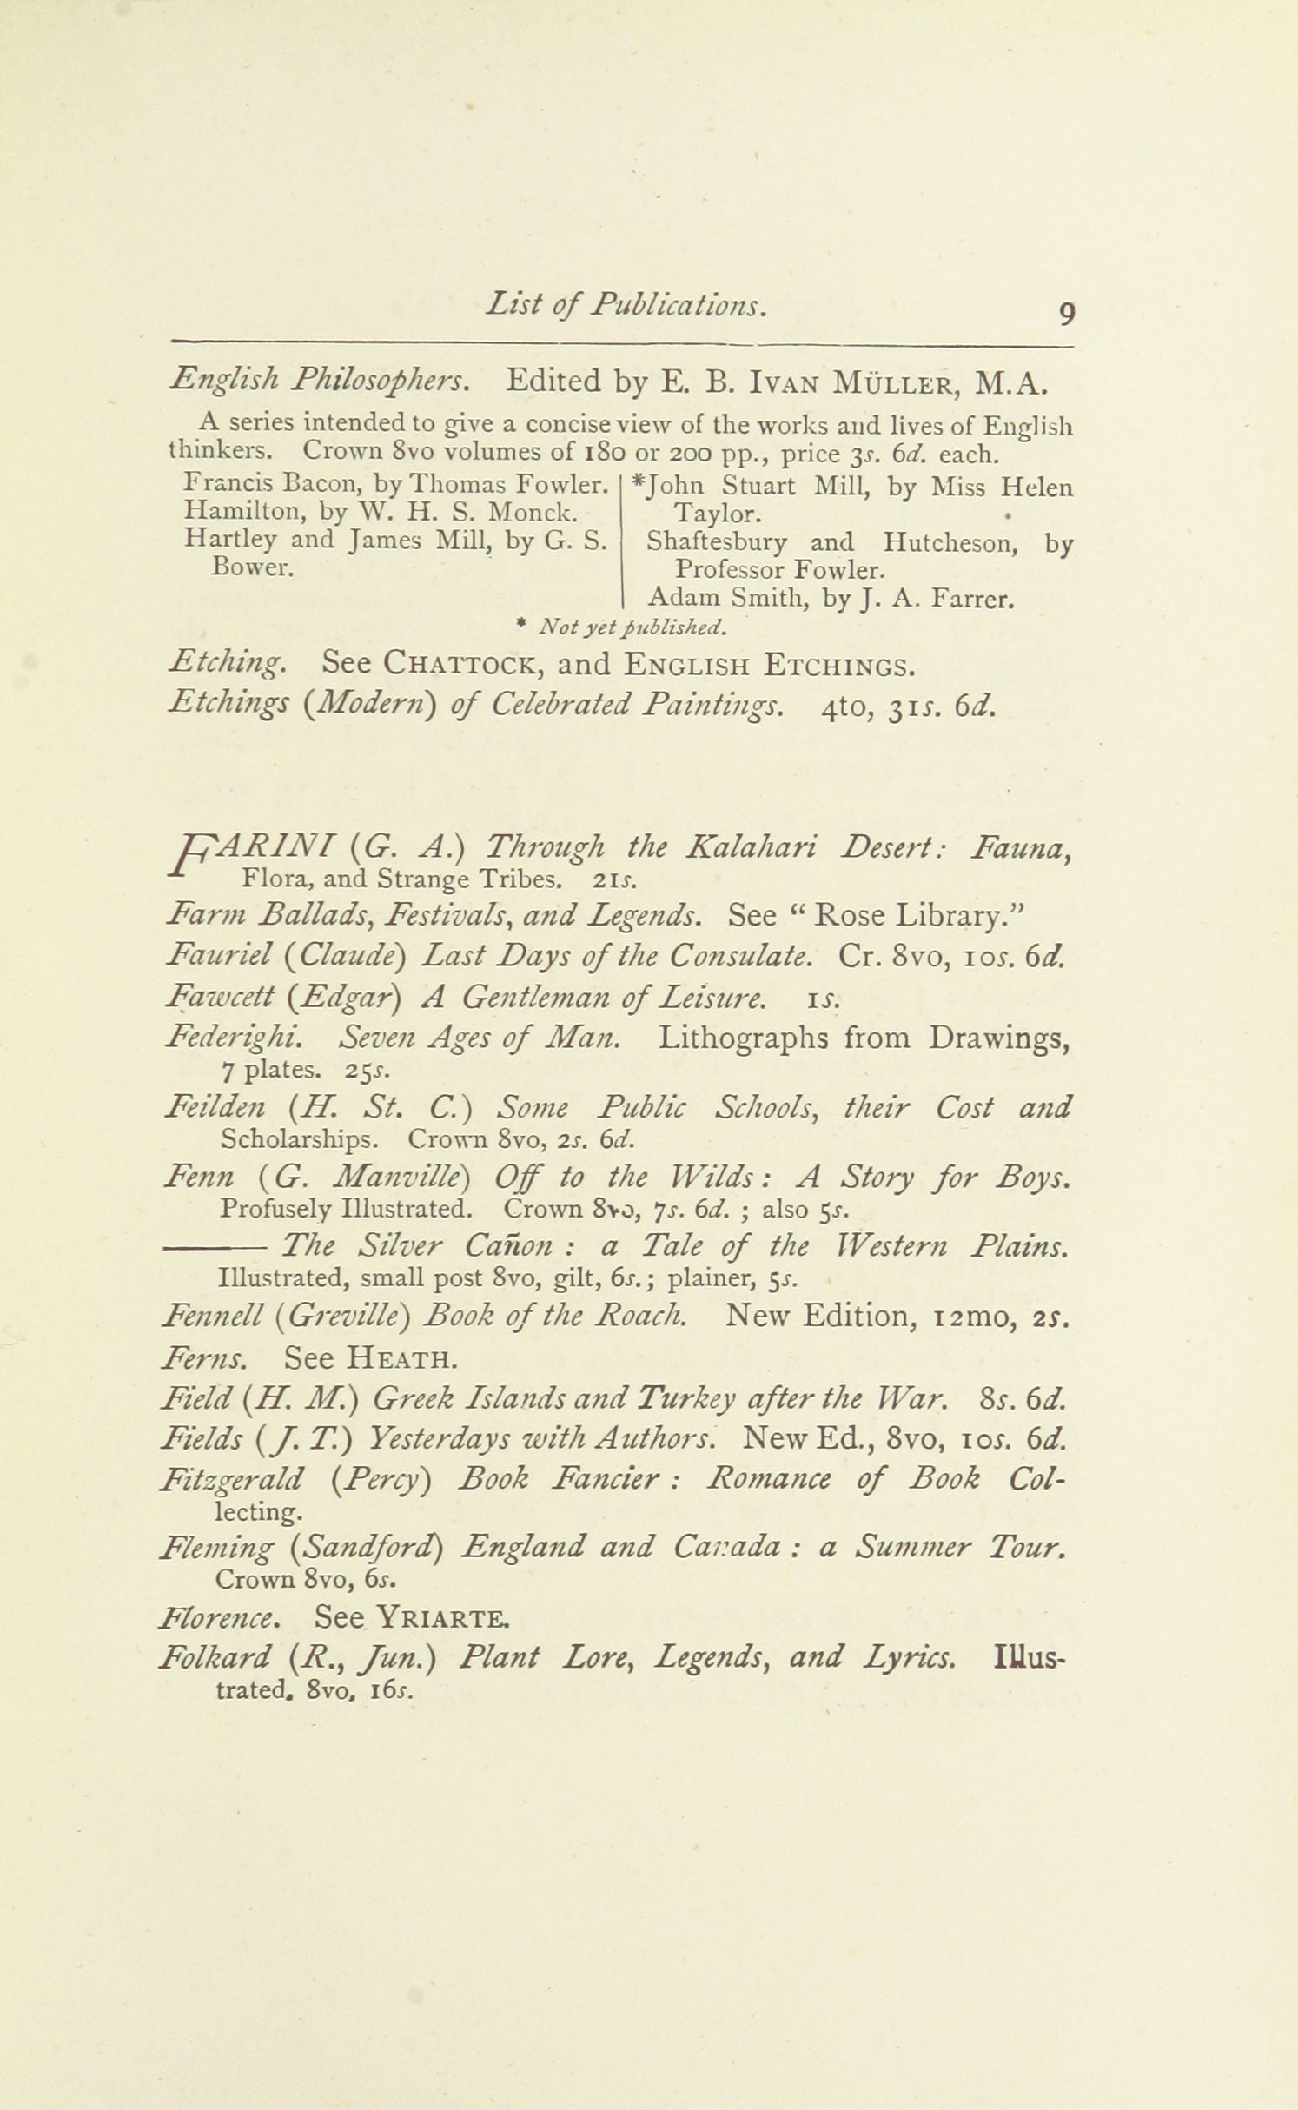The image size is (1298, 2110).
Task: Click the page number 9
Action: click(x=1067, y=313)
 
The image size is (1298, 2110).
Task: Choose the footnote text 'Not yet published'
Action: click(x=632, y=626)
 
